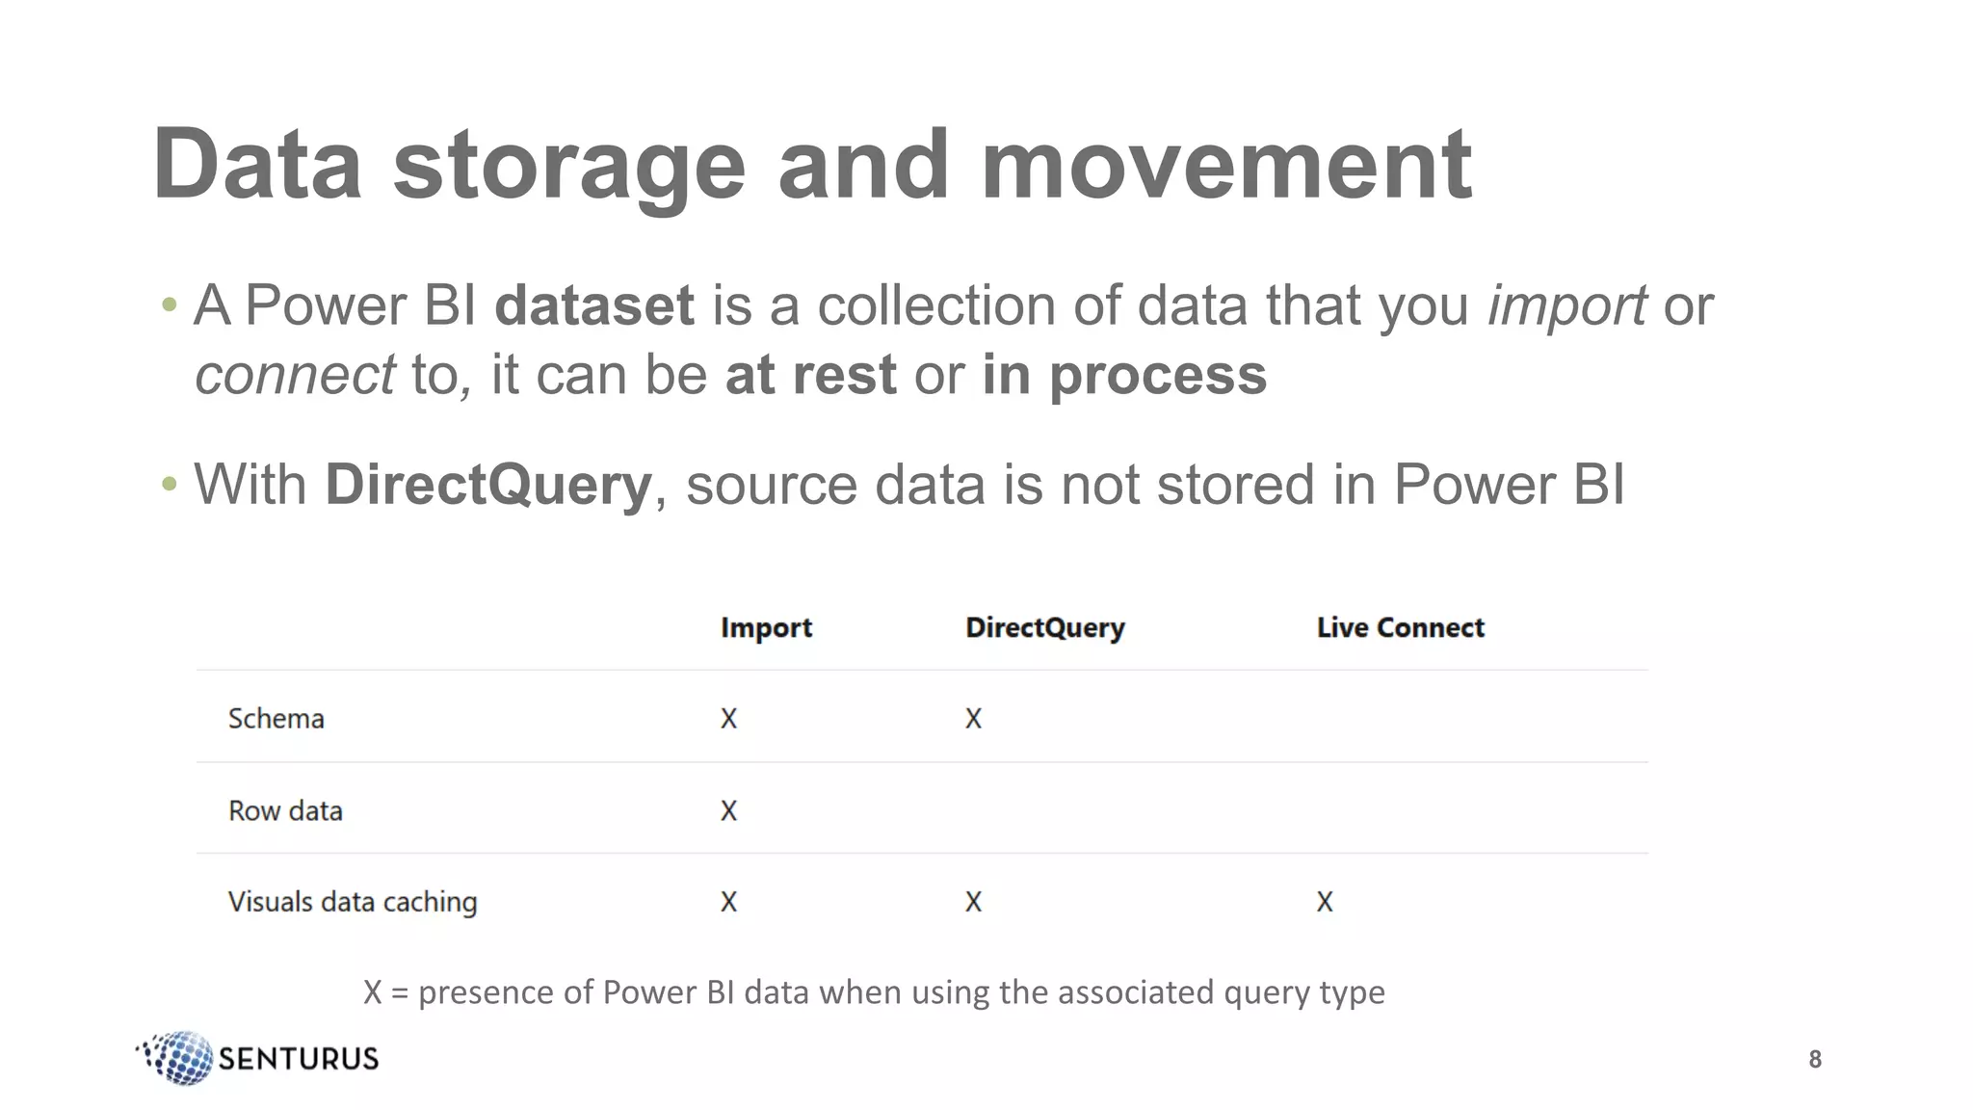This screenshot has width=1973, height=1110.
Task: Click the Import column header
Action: click(766, 628)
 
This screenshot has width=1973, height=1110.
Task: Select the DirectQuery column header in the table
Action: click(1044, 628)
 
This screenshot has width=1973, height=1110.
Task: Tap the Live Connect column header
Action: click(1400, 628)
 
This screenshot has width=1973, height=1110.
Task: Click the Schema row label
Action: click(276, 719)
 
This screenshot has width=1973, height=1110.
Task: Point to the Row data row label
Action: click(285, 811)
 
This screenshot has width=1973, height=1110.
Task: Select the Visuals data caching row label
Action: click(353, 902)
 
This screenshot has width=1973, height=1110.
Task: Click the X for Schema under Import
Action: click(728, 719)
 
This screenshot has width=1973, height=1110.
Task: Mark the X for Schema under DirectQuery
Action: click(973, 719)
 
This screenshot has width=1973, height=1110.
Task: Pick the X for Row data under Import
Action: click(728, 811)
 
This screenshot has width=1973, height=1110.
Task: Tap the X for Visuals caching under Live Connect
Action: click(1325, 902)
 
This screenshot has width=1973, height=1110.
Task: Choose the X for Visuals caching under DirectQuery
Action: click(973, 902)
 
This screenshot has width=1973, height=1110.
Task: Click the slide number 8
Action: click(1815, 1060)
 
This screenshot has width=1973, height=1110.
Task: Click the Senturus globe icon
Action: click(179, 1058)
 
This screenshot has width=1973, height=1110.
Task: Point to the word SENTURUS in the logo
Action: click(299, 1059)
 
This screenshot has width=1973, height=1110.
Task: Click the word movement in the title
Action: click(1225, 166)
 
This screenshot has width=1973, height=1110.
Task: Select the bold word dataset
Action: click(594, 306)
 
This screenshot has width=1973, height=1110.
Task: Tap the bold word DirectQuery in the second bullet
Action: click(488, 485)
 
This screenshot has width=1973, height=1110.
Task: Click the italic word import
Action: click(1566, 306)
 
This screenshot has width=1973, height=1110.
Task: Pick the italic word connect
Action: click(295, 375)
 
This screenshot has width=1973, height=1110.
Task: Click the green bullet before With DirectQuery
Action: click(170, 484)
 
